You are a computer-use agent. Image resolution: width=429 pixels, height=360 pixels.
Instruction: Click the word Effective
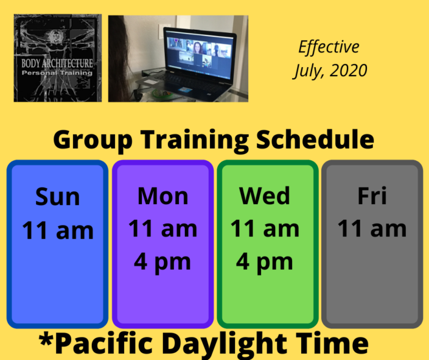[x=329, y=47]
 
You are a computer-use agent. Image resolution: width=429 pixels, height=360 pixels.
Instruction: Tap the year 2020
[x=348, y=71]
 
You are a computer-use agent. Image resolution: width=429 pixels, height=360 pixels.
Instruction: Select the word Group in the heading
[x=93, y=140]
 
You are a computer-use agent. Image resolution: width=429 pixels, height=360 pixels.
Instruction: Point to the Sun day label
[x=57, y=196]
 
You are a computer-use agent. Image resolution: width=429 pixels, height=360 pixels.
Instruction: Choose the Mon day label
[x=163, y=196]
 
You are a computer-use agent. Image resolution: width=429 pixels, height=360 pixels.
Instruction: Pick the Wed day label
[x=265, y=196]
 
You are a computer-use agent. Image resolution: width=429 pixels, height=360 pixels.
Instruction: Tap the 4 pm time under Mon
[x=162, y=263]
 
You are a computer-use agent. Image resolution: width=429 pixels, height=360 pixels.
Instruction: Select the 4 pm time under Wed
[x=265, y=263]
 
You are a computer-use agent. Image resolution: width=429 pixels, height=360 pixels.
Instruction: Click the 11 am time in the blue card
[x=58, y=230]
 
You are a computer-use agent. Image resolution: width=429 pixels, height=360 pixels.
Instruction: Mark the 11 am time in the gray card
[x=372, y=228]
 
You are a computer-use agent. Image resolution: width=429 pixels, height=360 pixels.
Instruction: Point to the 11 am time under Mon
[x=163, y=228]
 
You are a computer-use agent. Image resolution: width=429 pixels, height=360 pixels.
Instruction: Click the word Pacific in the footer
[x=106, y=343]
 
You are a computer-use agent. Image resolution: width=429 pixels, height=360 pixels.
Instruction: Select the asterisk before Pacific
[x=46, y=339]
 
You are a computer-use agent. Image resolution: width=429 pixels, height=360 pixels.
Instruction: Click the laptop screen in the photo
[x=200, y=54]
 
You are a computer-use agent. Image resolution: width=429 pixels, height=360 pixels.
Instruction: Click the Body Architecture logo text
[x=57, y=63]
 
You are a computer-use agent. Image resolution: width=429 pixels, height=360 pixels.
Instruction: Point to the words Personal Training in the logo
[x=57, y=73]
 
